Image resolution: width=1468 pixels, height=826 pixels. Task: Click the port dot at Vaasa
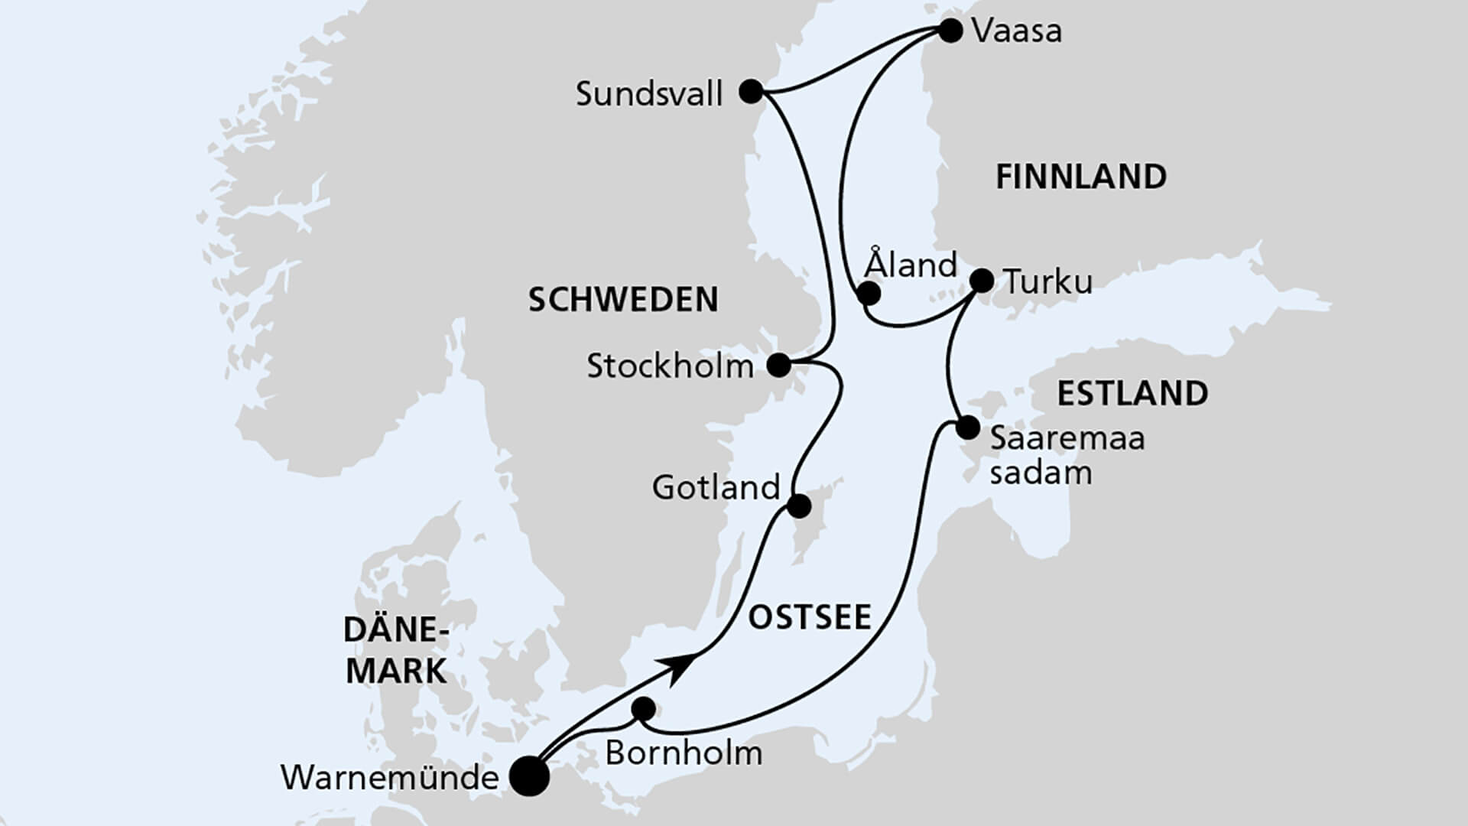[950, 31]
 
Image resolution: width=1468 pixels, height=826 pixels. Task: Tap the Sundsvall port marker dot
[752, 93]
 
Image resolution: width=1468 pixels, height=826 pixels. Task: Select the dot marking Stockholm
[778, 366]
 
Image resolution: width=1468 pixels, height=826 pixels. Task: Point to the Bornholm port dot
[645, 709]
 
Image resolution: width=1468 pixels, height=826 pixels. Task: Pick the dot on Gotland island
[799, 506]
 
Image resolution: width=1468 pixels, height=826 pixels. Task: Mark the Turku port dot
[982, 281]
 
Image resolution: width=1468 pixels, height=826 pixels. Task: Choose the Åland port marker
[868, 294]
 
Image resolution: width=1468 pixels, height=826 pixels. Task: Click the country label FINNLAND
[1080, 177]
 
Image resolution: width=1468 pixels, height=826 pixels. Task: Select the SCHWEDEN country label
[623, 300]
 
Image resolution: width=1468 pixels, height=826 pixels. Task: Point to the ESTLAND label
[1132, 393]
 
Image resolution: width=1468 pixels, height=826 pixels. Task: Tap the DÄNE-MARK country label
[396, 651]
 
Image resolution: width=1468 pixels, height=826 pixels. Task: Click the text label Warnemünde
[389, 779]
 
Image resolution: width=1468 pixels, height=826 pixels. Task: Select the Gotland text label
[715, 487]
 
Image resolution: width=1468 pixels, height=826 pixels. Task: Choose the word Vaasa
[1017, 32]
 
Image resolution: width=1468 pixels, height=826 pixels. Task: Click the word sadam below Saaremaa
[1040, 473]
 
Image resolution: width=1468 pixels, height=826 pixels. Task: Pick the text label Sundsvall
[648, 95]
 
